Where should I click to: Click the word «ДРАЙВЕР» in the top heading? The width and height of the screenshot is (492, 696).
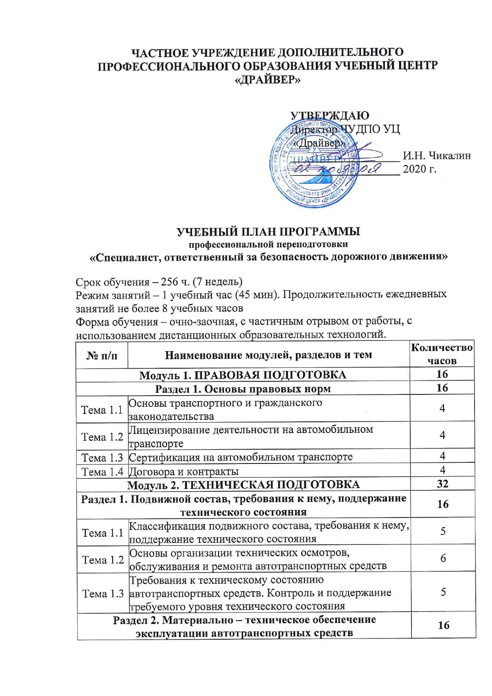coord(268,80)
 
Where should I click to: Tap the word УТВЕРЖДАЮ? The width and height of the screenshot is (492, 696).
coord(330,115)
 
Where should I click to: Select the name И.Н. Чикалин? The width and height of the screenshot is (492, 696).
coord(437,156)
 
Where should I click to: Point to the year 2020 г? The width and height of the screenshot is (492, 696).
coord(420,169)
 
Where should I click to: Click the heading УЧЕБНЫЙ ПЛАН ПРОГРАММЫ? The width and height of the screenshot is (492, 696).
coord(268,231)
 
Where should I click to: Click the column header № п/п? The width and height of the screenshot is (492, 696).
coord(102,355)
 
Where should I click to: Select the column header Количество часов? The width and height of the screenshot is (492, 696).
coord(442,354)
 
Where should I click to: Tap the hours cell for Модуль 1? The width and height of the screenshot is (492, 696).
coord(442,374)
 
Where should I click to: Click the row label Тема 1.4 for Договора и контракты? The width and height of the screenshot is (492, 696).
coord(102,471)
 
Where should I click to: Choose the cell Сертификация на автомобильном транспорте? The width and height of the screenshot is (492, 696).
coord(241,457)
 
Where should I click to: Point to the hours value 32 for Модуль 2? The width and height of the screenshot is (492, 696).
coord(442,484)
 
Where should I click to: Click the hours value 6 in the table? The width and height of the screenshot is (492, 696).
coord(443,558)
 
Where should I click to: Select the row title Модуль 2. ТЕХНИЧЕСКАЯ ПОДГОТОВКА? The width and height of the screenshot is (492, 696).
coord(243,485)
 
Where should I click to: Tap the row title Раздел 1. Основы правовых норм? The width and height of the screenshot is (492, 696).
coord(243,388)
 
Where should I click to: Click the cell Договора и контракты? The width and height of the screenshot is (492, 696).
coord(184,471)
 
